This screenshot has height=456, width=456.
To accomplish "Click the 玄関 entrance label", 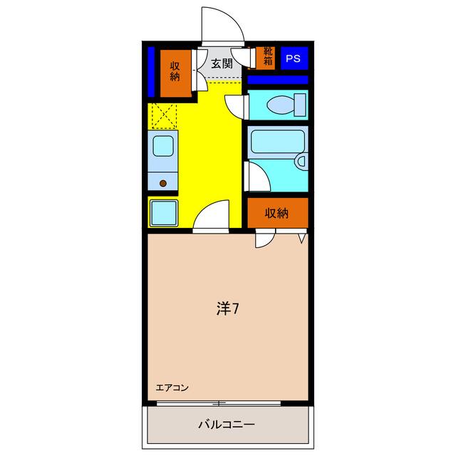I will (x=222, y=63).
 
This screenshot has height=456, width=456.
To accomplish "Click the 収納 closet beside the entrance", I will (x=175, y=73).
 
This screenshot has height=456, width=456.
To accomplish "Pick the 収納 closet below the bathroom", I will (x=277, y=212).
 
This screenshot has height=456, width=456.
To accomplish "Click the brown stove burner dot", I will (x=163, y=183).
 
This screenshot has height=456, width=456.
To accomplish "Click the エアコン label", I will (x=172, y=388).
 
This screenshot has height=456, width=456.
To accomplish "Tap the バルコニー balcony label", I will (x=226, y=425).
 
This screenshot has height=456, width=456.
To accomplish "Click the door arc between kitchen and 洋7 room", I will (x=213, y=214).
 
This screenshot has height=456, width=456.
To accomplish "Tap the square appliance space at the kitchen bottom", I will (x=164, y=212).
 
